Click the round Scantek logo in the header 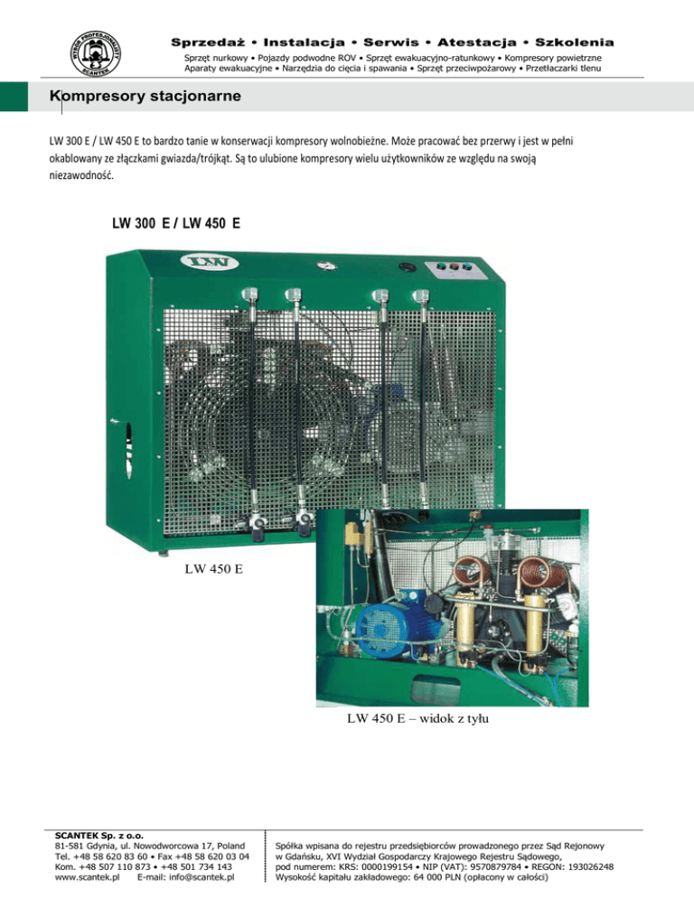[96, 54]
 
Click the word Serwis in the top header [391, 42]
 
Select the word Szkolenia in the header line [574, 42]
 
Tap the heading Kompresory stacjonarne [145, 96]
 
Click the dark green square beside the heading [14, 96]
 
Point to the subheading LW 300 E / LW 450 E [176, 223]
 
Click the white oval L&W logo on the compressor [209, 262]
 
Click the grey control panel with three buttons [455, 270]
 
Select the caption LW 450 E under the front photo [214, 568]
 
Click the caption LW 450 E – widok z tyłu [417, 718]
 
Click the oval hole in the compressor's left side [129, 451]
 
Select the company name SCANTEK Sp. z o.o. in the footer [99, 836]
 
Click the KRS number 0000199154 [387, 867]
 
